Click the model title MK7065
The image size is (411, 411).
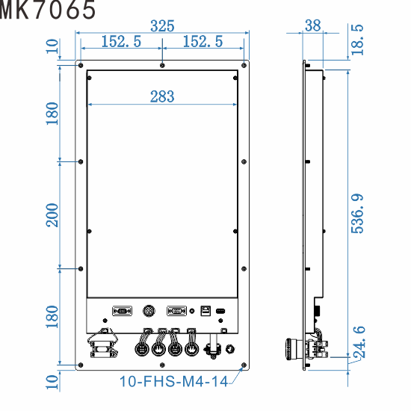[48, 10]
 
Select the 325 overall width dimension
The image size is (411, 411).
[162, 26]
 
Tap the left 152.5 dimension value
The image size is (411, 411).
[121, 42]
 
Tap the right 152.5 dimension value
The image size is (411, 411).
[203, 42]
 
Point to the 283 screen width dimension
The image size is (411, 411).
[162, 96]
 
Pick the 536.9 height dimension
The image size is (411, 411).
[358, 214]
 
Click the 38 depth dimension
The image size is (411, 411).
[313, 25]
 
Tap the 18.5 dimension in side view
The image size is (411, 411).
[358, 39]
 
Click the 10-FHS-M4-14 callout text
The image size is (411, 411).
[173, 382]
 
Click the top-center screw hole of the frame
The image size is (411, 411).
[162, 66]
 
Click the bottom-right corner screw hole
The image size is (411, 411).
[244, 365]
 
